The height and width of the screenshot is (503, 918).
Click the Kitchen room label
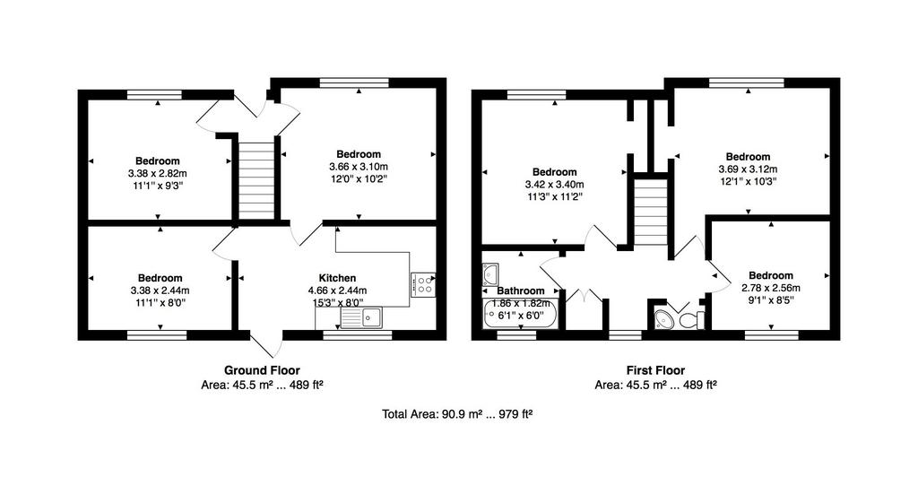tap(337, 278)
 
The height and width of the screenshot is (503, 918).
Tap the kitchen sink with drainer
tap(361, 317)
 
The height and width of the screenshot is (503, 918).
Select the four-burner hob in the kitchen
tap(423, 284)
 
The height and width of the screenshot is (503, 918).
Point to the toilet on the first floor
tap(692, 320)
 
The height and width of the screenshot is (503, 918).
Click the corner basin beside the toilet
tap(663, 319)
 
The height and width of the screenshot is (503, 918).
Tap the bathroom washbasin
tap(490, 274)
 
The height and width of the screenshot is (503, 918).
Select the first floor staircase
tap(651, 212)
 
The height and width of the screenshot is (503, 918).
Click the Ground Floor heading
tap(262, 370)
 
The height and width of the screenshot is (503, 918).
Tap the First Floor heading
tap(655, 370)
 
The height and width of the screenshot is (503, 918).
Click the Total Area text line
tap(457, 414)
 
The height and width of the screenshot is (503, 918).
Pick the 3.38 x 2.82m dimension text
tap(158, 173)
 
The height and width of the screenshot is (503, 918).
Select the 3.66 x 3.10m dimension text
tap(359, 166)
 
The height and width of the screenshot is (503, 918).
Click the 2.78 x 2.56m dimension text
tap(770, 288)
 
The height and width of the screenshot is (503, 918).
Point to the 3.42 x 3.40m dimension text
tap(554, 184)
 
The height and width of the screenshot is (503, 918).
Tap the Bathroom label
tap(521, 291)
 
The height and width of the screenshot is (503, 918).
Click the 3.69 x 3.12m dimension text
tap(748, 169)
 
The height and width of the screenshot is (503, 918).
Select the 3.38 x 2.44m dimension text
tap(160, 291)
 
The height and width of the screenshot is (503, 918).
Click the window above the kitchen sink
tap(358, 335)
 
